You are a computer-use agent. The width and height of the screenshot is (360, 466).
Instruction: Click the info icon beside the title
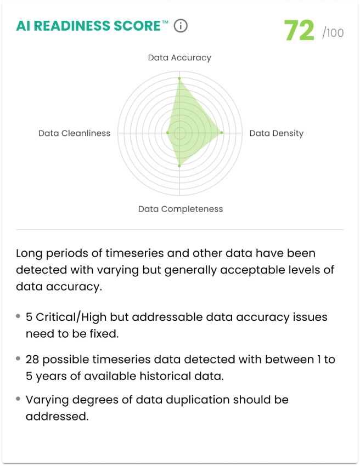click(181, 26)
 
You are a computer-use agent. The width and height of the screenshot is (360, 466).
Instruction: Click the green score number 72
click(299, 31)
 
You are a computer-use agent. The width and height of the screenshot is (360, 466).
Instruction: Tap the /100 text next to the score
click(333, 33)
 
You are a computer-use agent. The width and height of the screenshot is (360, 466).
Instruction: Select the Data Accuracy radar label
click(179, 58)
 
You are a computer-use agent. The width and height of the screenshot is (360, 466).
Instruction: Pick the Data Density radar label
click(276, 133)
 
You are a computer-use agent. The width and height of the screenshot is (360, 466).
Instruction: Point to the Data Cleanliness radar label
click(74, 133)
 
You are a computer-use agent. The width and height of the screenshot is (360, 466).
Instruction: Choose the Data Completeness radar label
click(181, 209)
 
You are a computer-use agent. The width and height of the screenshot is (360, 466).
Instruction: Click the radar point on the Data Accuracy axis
click(179, 78)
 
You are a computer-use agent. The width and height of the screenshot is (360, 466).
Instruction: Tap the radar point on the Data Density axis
click(222, 133)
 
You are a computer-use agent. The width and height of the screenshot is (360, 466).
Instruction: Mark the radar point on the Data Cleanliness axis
click(167, 133)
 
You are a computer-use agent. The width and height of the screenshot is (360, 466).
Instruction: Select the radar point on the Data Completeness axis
click(179, 165)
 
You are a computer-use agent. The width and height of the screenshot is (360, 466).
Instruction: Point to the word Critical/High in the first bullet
click(70, 317)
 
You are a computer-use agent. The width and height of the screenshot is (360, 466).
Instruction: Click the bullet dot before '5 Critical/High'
click(19, 316)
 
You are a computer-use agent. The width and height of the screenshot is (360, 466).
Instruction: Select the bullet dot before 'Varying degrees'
click(19, 399)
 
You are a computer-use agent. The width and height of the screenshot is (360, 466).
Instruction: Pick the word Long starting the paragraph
click(27, 253)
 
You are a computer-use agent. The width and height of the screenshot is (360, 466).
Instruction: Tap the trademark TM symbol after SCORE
click(165, 22)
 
